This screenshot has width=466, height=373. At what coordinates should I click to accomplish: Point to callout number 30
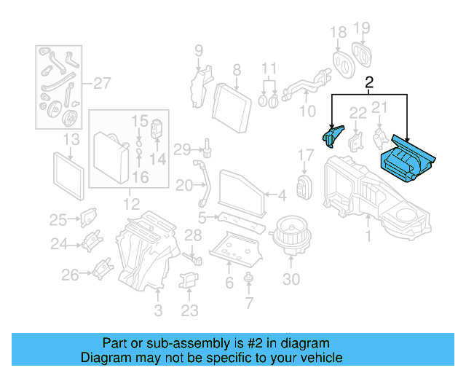point(291,280)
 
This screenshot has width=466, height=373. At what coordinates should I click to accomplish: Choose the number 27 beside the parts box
point(101,82)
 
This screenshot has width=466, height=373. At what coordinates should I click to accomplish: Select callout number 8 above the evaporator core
point(236,70)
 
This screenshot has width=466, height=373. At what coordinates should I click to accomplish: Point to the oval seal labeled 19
point(363,55)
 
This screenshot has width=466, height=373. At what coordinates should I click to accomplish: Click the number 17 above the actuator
point(306,155)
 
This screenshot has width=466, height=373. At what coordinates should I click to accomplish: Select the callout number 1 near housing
point(368,236)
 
